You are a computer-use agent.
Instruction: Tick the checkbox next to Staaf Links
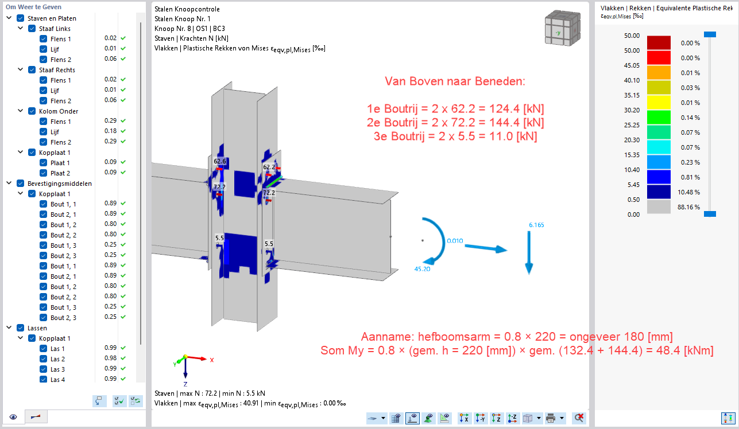click(x=32, y=29)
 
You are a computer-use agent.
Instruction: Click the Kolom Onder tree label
click(x=59, y=111)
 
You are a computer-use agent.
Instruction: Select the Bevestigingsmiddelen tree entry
click(x=60, y=184)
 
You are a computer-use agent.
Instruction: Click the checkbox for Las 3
click(x=43, y=369)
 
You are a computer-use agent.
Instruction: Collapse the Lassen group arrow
click(x=9, y=328)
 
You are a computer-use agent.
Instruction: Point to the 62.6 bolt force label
click(x=220, y=161)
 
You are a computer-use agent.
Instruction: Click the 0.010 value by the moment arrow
click(x=455, y=241)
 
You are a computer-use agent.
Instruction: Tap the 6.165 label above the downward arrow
click(x=536, y=225)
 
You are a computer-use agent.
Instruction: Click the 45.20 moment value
click(x=422, y=269)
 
